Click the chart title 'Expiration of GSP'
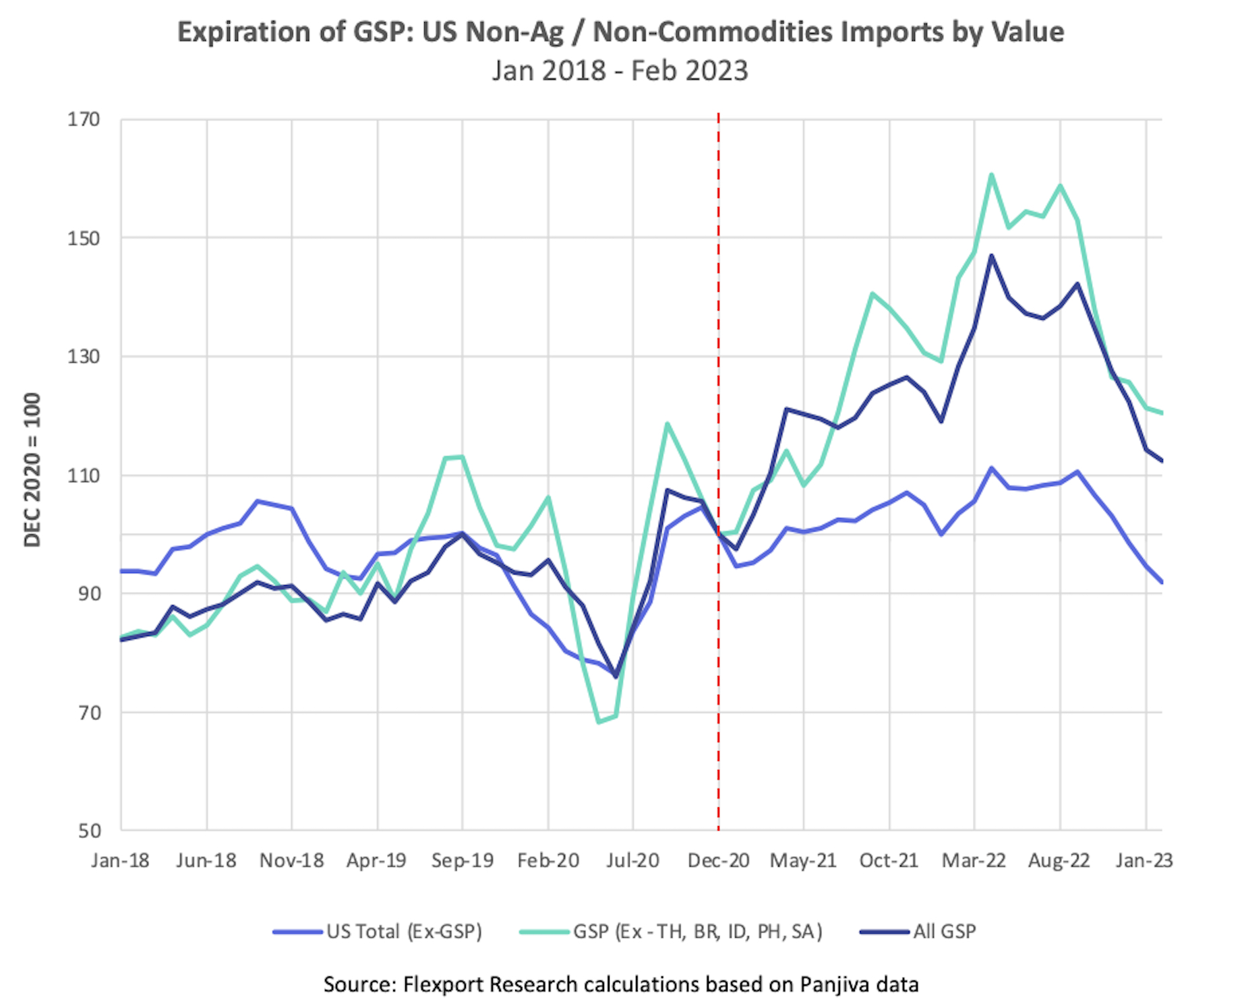tap(620, 32)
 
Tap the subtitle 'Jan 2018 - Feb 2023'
tap(620, 71)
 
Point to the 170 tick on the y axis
tap(84, 119)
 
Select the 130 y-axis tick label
tap(84, 357)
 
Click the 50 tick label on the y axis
tap(89, 831)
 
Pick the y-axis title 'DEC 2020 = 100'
tap(32, 469)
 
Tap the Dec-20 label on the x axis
tap(718, 861)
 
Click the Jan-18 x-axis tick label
tap(121, 861)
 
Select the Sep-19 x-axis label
tap(463, 861)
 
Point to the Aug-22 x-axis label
tap(1059, 861)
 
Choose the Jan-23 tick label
tap(1144, 861)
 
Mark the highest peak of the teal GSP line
tap(991, 175)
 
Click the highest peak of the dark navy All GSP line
tap(991, 256)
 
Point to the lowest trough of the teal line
tap(599, 722)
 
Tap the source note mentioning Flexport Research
tap(620, 984)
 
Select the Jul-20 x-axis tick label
tap(632, 861)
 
